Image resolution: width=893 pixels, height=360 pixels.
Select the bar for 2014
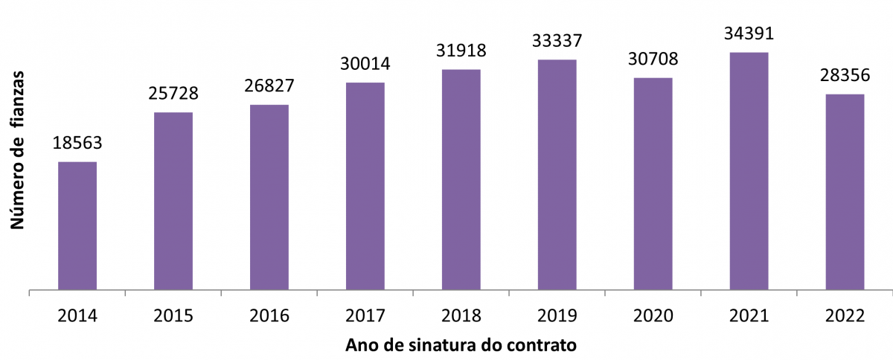[x=77, y=225]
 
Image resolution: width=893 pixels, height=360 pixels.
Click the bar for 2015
[x=173, y=201]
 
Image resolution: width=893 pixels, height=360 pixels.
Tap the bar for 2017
[x=365, y=186]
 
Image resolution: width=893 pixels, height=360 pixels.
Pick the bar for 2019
[x=557, y=174]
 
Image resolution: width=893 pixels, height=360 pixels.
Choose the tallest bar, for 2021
[x=749, y=170]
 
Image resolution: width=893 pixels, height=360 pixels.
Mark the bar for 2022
[x=845, y=191]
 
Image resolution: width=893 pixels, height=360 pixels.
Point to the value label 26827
[x=269, y=86]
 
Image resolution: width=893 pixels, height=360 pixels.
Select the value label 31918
[x=461, y=51]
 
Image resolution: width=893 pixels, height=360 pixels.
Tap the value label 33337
[x=557, y=40]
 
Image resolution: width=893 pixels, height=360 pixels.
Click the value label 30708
[x=653, y=58]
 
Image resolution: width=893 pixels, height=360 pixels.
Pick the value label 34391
[x=749, y=33]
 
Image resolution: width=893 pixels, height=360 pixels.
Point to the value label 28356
[x=845, y=75]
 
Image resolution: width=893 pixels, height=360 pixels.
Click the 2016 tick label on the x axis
[x=269, y=315]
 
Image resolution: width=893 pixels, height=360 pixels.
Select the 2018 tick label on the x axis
[x=461, y=315]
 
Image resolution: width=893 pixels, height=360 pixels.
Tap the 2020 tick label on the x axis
[x=653, y=315]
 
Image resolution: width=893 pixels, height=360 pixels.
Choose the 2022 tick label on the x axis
[x=845, y=315]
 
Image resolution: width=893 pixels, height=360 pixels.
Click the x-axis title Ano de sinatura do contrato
[x=461, y=346]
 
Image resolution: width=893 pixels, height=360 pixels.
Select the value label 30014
[x=365, y=63]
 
